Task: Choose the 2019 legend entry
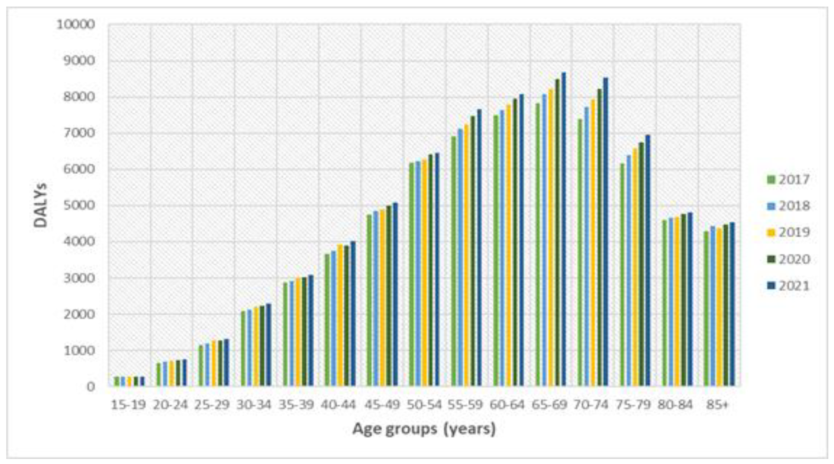(x=788, y=232)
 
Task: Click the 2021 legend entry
(x=788, y=286)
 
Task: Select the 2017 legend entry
(x=788, y=179)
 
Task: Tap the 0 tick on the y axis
(x=91, y=386)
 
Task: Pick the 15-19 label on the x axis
(x=128, y=405)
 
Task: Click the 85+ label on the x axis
(x=717, y=405)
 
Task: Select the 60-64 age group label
(x=507, y=405)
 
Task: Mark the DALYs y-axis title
(x=41, y=205)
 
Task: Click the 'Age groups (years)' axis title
(x=424, y=429)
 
